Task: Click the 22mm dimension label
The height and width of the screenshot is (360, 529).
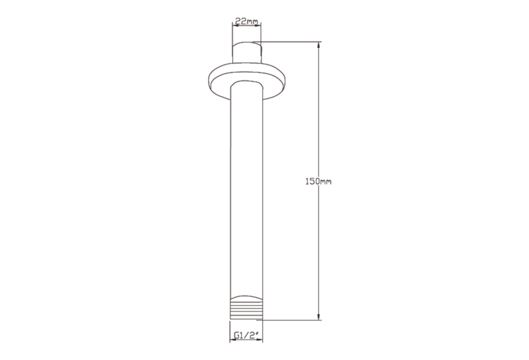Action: pyautogui.click(x=246, y=21)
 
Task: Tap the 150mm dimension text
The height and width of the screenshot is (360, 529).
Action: pyautogui.click(x=318, y=181)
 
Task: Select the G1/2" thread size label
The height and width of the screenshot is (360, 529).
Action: pyautogui.click(x=246, y=335)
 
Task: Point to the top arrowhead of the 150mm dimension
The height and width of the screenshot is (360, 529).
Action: pyautogui.click(x=318, y=45)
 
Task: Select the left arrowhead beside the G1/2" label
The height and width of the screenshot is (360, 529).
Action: pyautogui.click(x=233, y=339)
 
